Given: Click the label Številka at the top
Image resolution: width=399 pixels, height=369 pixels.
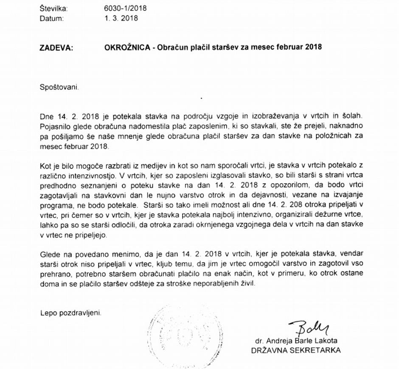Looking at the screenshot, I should coord(53,8).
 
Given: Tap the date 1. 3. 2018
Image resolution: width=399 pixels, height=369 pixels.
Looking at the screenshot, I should coord(121,18).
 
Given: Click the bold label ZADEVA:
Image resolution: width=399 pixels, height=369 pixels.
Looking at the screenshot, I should coord(56,48).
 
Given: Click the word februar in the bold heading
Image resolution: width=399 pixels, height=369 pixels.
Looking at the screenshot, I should coord(283,47).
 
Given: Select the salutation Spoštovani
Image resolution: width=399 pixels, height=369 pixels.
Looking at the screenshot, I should coord(59,87).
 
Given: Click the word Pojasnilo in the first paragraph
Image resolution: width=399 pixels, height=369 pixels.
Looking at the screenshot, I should coord(55,126).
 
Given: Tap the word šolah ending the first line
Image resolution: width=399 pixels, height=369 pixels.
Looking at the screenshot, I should coord(354,116).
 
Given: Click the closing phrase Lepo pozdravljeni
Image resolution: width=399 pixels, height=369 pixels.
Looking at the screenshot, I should coord(71,313).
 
